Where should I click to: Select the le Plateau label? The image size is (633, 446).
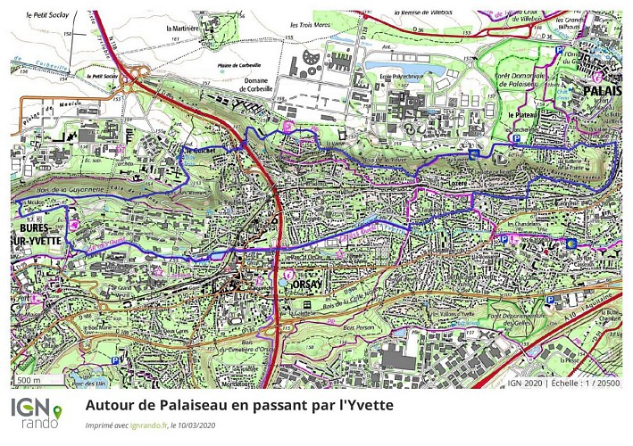(x=523, y=116)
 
